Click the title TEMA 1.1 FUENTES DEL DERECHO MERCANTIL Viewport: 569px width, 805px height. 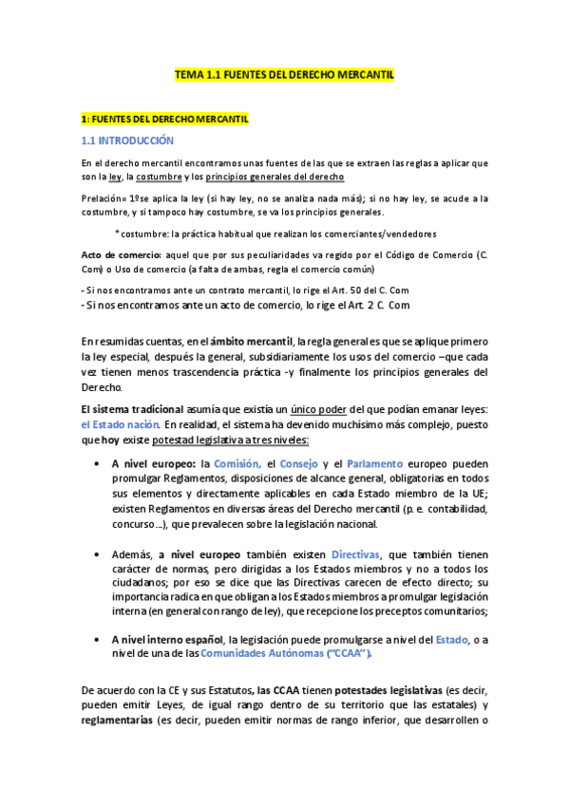284,73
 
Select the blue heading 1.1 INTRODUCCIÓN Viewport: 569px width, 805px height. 128,140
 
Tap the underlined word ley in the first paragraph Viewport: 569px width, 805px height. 115,178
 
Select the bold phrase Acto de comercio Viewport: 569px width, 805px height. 119,256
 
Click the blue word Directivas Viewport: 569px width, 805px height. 355,553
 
